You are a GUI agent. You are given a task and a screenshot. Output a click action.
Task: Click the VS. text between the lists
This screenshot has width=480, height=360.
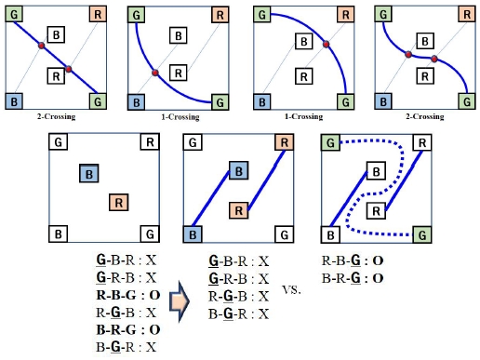click(292, 288)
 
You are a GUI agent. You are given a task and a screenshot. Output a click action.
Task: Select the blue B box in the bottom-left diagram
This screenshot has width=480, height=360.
click(88, 172)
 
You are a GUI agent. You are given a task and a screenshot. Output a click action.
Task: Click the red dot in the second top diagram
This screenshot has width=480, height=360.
click(155, 72)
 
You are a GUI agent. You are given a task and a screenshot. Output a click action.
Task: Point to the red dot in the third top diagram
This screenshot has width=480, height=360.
click(325, 44)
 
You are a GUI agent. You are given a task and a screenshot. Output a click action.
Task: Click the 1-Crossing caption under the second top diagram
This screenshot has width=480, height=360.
click(180, 117)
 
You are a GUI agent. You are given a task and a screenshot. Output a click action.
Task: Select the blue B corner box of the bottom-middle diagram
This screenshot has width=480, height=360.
click(193, 233)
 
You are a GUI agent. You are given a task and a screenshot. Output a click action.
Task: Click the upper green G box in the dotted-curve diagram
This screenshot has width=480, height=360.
click(330, 142)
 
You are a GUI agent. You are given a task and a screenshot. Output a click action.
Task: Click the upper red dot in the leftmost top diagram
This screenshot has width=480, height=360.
click(41, 47)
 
